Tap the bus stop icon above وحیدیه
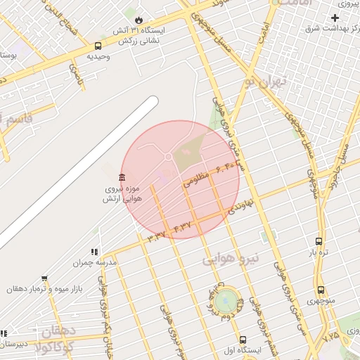(98, 46)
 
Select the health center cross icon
(335, 18)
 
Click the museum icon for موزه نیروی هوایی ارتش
(122, 176)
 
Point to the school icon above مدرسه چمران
(94, 252)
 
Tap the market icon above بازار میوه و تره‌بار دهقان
(44, 278)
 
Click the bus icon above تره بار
(319, 241)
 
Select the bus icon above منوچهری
(321, 290)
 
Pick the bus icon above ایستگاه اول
(243, 339)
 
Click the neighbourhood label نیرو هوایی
(231, 259)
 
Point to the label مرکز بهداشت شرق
(330, 29)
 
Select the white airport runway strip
(77, 172)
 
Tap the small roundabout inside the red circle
(169, 156)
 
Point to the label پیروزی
(345, 4)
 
